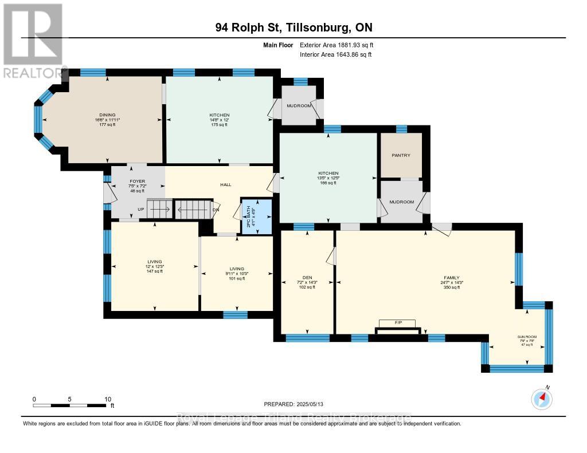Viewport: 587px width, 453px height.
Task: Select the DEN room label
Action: coord(306,276)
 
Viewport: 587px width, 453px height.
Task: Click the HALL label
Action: coord(225,185)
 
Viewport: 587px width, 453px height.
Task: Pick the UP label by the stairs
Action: coord(141,210)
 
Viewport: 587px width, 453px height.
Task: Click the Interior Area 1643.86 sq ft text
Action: coord(336,54)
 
